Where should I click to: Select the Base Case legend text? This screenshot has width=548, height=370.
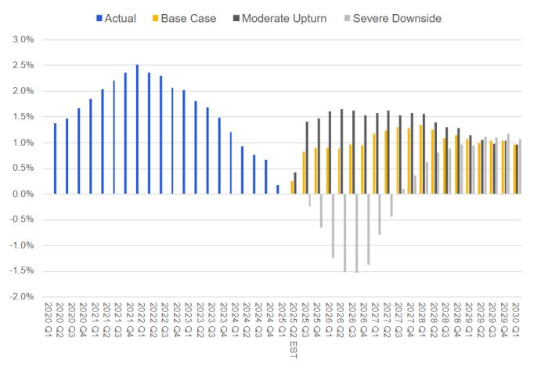tap(189, 16)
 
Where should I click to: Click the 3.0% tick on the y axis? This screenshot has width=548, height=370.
tap(22, 39)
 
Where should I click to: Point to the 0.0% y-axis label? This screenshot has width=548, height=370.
tap(22, 194)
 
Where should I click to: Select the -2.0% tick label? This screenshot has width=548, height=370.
tap(20, 297)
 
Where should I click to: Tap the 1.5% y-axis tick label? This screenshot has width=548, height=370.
tap(22, 117)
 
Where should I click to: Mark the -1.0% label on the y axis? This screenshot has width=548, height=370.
tap(20, 246)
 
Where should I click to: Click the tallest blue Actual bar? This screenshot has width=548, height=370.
tap(137, 129)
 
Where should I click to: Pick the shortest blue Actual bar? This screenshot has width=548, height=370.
tap(278, 190)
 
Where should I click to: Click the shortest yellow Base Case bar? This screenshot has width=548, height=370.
tap(292, 188)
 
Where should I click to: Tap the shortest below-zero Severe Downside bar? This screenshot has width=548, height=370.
tap(309, 200)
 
